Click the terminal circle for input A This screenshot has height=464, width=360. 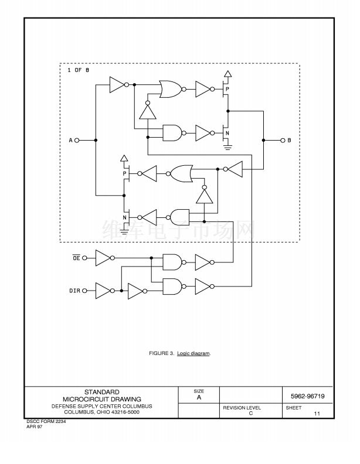click(x=77, y=140)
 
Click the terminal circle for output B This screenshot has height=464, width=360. click(x=283, y=140)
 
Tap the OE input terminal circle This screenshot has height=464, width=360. click(x=84, y=258)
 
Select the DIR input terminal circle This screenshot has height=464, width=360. click(x=84, y=291)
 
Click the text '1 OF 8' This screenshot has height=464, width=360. click(x=78, y=70)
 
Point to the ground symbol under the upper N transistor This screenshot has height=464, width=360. click(x=227, y=147)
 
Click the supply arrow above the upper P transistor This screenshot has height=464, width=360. click(x=227, y=74)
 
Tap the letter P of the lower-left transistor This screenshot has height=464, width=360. click(x=125, y=174)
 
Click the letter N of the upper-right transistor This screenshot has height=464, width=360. click(x=227, y=134)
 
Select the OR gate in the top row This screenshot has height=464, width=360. click(x=171, y=89)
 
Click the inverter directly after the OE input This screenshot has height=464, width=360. click(x=103, y=258)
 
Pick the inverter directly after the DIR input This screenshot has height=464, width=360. click(x=103, y=291)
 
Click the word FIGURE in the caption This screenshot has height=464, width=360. click(x=159, y=353)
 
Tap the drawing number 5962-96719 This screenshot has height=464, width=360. click(x=308, y=396)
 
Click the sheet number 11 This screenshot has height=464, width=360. click(x=317, y=414)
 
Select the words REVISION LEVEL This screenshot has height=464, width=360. click(x=242, y=408)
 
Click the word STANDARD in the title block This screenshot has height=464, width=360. click(x=102, y=392)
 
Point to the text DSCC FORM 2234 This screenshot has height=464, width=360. click(x=46, y=422)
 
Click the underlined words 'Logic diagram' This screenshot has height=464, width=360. click(x=193, y=354)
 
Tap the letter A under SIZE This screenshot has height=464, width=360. click(x=199, y=397)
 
